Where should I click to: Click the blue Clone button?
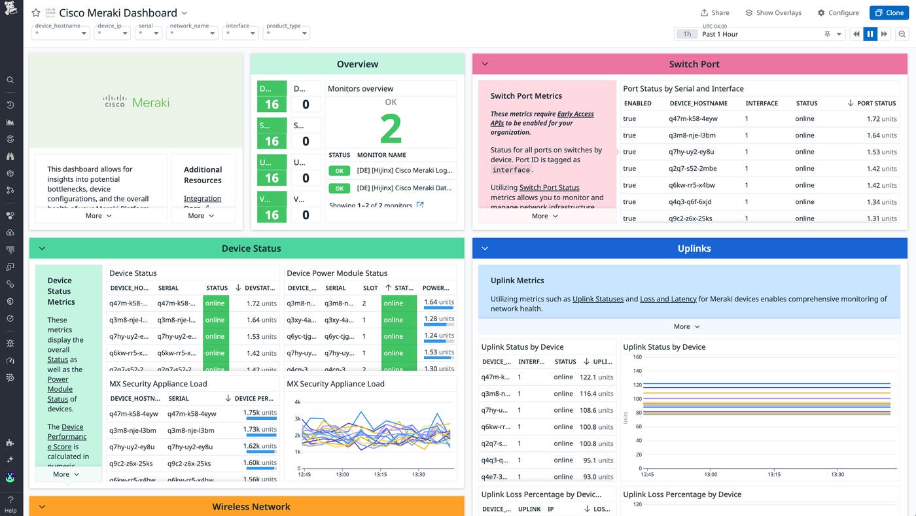(889, 12)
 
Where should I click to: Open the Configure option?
(838, 12)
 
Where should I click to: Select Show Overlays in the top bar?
(773, 12)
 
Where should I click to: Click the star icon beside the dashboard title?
(36, 13)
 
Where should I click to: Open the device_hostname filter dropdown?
(62, 33)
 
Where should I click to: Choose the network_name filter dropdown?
(192, 33)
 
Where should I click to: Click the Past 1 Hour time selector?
(762, 34)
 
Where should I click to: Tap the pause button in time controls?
(870, 34)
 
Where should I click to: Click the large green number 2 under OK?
(391, 129)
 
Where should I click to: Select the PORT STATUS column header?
(876, 103)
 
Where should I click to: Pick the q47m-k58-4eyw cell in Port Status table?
(693, 119)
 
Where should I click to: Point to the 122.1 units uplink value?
(596, 377)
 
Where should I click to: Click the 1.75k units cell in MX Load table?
(260, 413)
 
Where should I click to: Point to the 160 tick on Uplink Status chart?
(637, 357)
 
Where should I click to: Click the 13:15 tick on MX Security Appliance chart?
(380, 475)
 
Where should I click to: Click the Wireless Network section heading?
(251, 507)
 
